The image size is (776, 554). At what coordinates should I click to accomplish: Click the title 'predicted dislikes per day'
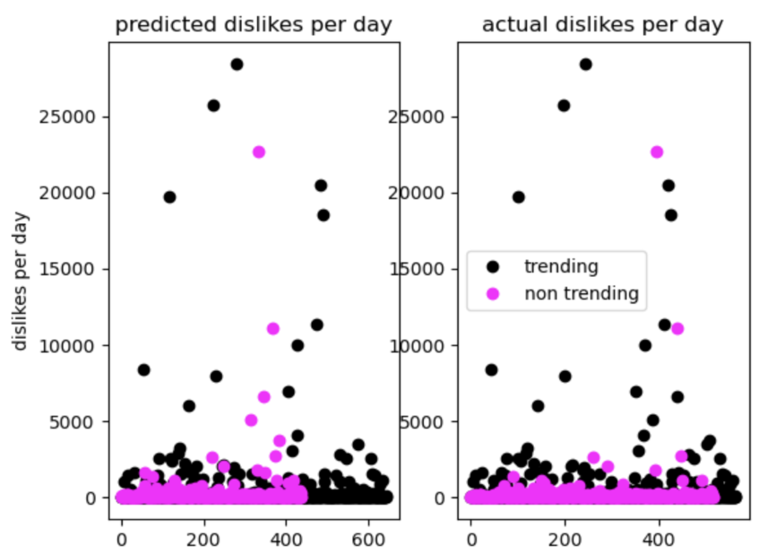click(x=254, y=25)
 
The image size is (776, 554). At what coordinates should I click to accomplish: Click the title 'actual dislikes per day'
click(x=602, y=25)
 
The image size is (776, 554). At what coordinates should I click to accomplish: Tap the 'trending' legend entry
click(x=562, y=265)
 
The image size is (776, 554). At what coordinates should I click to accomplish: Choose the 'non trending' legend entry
click(x=581, y=293)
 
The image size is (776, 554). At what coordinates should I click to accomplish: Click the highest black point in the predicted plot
click(x=237, y=64)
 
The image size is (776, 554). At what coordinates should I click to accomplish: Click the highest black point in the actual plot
click(x=585, y=64)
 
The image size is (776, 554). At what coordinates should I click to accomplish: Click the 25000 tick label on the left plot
click(x=74, y=117)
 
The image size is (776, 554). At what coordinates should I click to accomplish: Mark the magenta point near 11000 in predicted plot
click(x=273, y=328)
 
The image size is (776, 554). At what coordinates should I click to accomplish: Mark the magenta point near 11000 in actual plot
click(x=678, y=328)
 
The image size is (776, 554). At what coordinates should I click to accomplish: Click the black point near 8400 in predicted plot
click(x=143, y=369)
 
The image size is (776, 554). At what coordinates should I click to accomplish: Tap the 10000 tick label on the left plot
click(x=74, y=345)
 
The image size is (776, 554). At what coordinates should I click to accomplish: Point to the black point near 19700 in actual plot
click(x=518, y=196)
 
